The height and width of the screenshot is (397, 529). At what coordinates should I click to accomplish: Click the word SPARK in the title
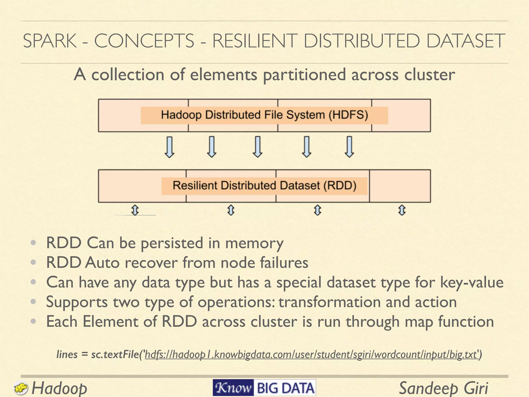(x=50, y=41)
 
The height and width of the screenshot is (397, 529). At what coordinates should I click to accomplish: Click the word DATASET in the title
(x=465, y=41)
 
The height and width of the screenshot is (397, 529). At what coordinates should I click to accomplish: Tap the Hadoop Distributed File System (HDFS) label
(x=264, y=115)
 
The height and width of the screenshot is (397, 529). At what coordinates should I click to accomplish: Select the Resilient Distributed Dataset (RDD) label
(x=264, y=186)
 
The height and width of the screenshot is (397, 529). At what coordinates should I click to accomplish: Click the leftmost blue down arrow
(x=169, y=147)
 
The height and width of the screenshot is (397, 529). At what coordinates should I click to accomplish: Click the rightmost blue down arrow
(x=349, y=147)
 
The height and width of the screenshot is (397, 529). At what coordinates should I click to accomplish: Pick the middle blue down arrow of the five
(x=258, y=147)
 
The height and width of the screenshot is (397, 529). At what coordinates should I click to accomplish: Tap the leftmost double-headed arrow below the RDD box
(x=135, y=210)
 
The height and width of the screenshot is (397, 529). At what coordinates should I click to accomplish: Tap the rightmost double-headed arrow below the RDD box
(x=402, y=210)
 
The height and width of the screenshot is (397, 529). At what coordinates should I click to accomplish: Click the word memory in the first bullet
(x=254, y=243)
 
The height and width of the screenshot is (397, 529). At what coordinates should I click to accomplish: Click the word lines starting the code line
(x=67, y=354)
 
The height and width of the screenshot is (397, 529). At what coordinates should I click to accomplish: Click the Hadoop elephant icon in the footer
(x=21, y=388)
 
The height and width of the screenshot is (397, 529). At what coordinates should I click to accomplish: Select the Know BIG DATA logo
(x=264, y=388)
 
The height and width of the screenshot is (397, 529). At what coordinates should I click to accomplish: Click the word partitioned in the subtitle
(x=304, y=75)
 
